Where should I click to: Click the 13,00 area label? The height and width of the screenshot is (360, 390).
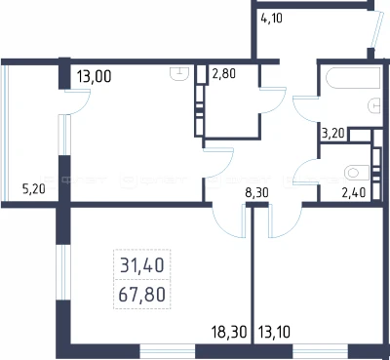(x=95, y=77)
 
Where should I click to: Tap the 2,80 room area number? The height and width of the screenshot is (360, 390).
(x=223, y=73)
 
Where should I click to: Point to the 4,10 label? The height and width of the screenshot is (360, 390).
(x=271, y=19)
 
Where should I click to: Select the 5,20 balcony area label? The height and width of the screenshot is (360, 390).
(x=34, y=189)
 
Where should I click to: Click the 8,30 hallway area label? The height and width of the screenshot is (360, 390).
(x=256, y=193)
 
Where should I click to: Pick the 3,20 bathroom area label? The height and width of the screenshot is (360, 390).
(x=333, y=134)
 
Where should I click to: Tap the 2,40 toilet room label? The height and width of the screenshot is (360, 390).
(x=354, y=192)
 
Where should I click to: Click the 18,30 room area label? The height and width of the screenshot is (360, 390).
(x=229, y=333)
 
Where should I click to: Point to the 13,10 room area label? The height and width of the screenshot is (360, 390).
(x=275, y=333)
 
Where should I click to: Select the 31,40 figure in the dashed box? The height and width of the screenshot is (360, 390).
(x=142, y=265)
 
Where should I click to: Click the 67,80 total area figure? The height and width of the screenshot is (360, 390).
(x=142, y=295)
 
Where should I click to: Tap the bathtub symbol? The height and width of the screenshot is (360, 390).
(x=354, y=78)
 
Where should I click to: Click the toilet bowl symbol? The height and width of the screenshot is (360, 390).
(x=357, y=173)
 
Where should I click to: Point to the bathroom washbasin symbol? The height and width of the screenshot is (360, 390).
(x=374, y=105)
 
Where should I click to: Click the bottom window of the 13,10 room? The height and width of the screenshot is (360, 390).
(x=320, y=351)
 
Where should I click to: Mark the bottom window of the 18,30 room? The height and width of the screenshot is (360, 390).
(x=168, y=351)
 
